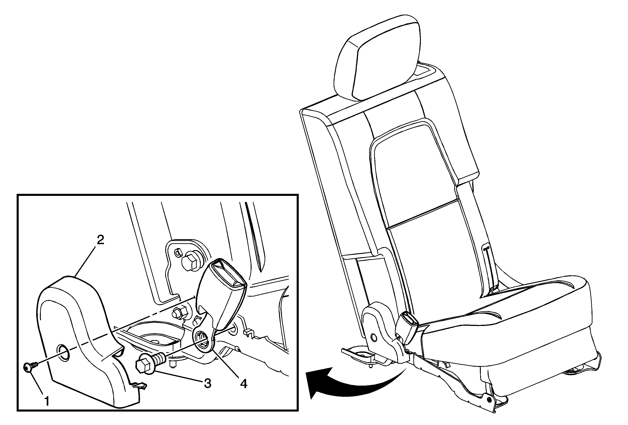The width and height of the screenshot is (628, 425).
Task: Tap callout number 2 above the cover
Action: (x=100, y=240)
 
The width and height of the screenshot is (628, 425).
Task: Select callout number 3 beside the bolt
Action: (x=207, y=383)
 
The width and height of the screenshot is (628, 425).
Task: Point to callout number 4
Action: (x=244, y=384)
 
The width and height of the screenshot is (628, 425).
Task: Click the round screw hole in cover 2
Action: (x=63, y=353)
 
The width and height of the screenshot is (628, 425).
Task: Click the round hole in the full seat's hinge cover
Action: (x=373, y=337)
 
